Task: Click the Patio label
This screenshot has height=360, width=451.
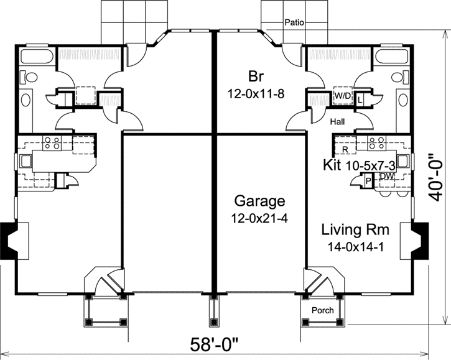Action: [294, 22]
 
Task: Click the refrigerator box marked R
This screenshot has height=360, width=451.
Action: [344, 149]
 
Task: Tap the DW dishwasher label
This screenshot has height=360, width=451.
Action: [387, 177]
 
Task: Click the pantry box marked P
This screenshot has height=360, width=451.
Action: [367, 180]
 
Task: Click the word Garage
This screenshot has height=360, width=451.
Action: [259, 201]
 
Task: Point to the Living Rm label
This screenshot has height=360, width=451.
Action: [355, 230]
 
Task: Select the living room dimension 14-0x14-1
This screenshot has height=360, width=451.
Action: [355, 247]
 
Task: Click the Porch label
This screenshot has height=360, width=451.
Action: [322, 310]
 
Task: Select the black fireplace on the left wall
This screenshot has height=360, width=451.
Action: [9, 240]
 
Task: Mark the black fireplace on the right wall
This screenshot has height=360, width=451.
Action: [422, 240]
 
